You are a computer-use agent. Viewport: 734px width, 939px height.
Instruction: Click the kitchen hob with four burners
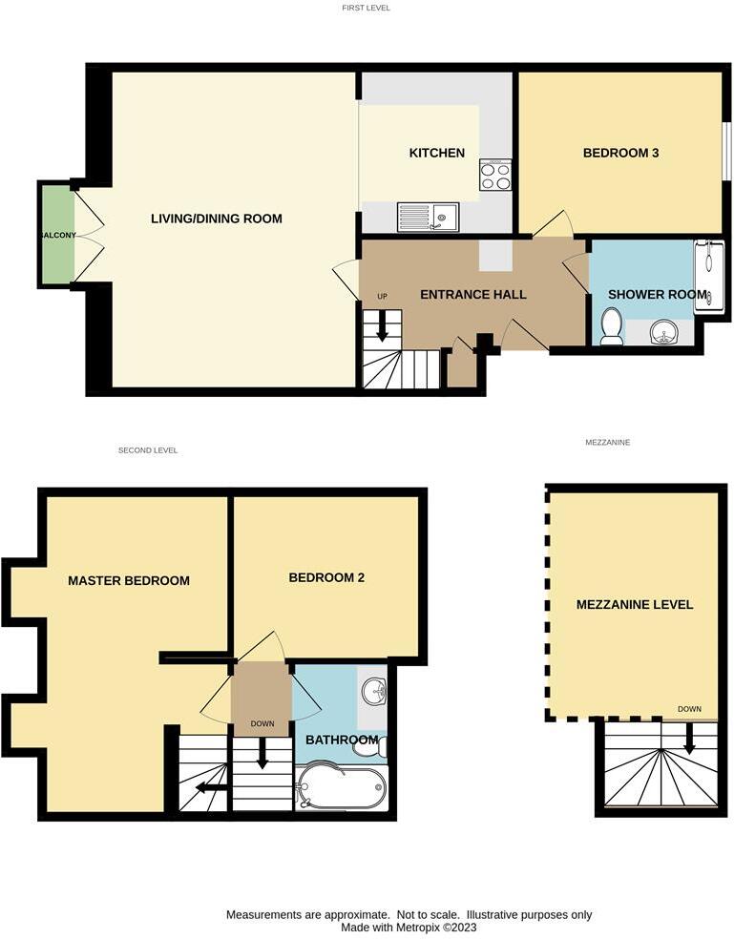coord(495,176)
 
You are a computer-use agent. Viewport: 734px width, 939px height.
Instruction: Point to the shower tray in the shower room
coord(708,276)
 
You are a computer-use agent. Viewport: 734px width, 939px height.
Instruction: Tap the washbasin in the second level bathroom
coord(373,690)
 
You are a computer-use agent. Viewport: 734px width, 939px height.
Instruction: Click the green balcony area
coord(56,235)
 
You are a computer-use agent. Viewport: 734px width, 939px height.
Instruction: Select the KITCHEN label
coord(436,153)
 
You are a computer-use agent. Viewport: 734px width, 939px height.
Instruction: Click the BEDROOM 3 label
coord(621,153)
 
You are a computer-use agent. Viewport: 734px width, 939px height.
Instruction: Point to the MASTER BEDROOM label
coord(128,580)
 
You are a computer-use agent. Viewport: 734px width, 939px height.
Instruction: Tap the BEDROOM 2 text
coord(326,577)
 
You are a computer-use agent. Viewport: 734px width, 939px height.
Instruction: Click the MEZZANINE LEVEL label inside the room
coord(635,604)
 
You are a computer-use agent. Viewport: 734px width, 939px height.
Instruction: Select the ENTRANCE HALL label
coord(472,294)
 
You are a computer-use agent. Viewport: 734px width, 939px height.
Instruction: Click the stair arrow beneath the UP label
coord(382,326)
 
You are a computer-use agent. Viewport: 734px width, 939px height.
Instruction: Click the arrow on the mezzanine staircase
coord(688,740)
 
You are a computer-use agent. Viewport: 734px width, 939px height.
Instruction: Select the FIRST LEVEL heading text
coord(367,8)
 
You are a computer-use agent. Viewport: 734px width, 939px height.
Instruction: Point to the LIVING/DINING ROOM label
coord(217,219)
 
